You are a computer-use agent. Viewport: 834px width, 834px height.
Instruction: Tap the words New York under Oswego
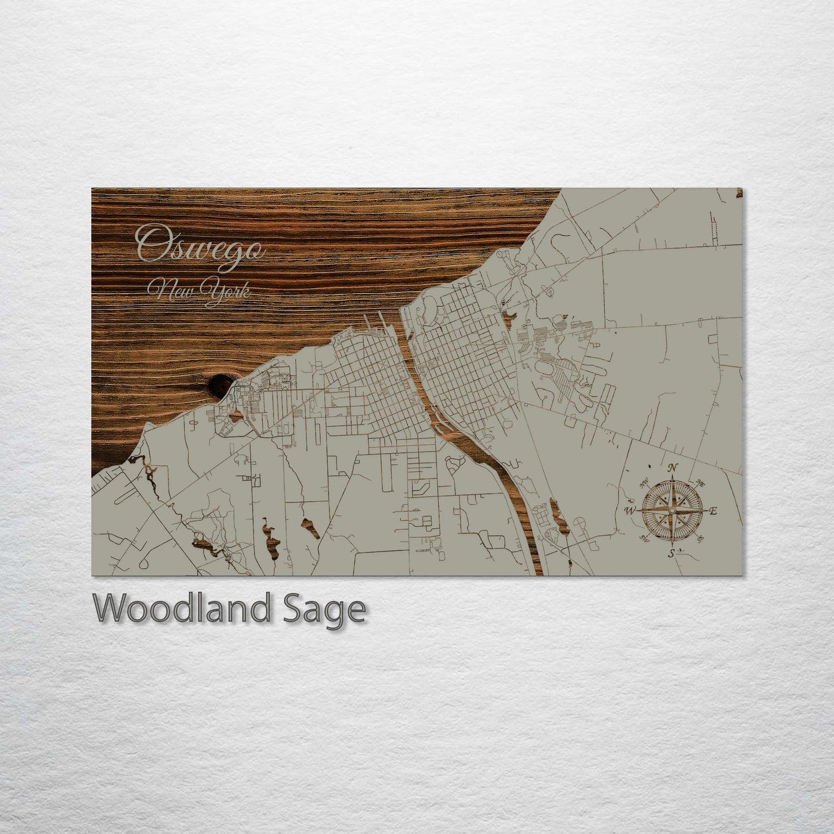(199, 290)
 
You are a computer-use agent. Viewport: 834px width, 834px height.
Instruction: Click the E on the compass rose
(713, 511)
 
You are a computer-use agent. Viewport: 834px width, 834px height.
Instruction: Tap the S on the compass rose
(671, 553)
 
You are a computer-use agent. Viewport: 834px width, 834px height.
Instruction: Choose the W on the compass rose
(630, 511)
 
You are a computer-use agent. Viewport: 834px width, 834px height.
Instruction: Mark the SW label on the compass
(644, 540)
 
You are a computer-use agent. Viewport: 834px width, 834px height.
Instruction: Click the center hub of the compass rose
(672, 511)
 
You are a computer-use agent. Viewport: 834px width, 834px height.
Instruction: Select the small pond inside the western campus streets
(235, 414)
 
